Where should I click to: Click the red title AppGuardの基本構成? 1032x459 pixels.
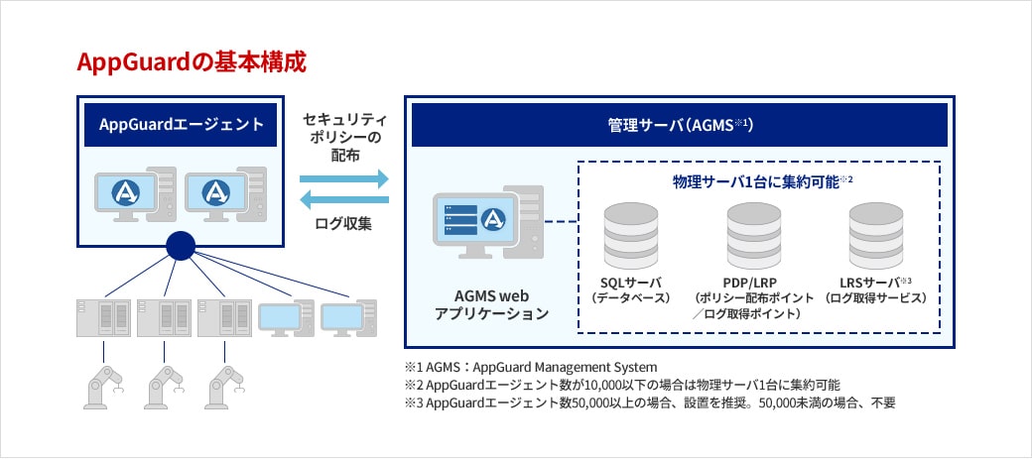tap(192, 61)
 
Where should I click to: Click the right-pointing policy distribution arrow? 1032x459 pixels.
tap(343, 179)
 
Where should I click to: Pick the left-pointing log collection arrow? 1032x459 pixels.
tap(343, 200)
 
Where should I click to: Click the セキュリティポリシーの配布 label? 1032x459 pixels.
tap(343, 136)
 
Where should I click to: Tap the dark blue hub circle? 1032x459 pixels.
tap(180, 246)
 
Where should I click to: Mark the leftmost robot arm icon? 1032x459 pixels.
tap(102, 385)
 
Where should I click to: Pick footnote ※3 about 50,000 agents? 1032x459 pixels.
tap(649, 403)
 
